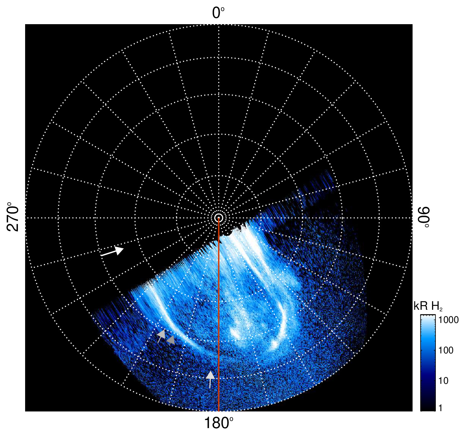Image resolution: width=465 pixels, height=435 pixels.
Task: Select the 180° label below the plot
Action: [219, 423]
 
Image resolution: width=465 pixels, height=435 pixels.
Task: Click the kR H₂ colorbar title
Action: [428, 306]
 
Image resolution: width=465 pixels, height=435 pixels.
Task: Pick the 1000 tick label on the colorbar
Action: [448, 320]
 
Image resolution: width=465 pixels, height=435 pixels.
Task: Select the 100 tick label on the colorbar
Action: [446, 350]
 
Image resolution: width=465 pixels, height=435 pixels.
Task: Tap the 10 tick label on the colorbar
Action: [443, 381]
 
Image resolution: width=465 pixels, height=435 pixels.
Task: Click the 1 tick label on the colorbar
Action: [441, 408]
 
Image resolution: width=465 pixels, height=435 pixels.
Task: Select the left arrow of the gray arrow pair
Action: [161, 336]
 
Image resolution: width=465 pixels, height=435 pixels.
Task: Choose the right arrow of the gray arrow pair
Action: [171, 340]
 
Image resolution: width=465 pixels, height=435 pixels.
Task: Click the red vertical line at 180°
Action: [219, 314]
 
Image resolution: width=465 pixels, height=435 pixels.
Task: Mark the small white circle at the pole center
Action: [219, 217]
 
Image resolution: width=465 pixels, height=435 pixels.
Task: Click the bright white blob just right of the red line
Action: [235, 333]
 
